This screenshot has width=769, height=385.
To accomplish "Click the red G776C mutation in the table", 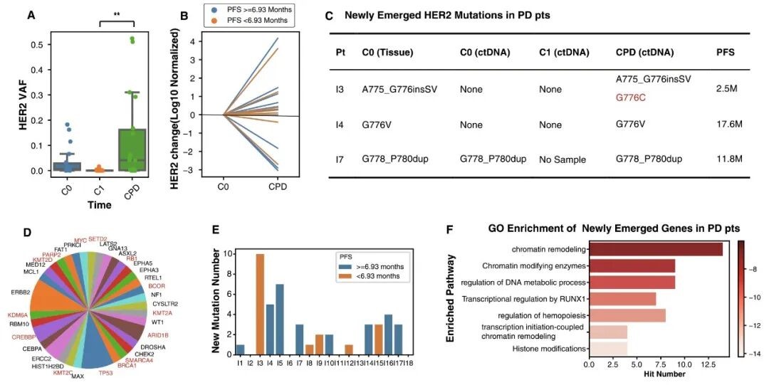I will coord(630,97).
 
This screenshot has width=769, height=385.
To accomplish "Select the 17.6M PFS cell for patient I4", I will coord(728,123).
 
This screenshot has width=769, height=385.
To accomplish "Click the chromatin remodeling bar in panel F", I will coord(656,249).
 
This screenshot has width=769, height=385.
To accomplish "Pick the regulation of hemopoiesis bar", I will coord(627,315).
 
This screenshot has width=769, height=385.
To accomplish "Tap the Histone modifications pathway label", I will coord(549,348).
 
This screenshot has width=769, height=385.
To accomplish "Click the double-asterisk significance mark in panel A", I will coord(117,14).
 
